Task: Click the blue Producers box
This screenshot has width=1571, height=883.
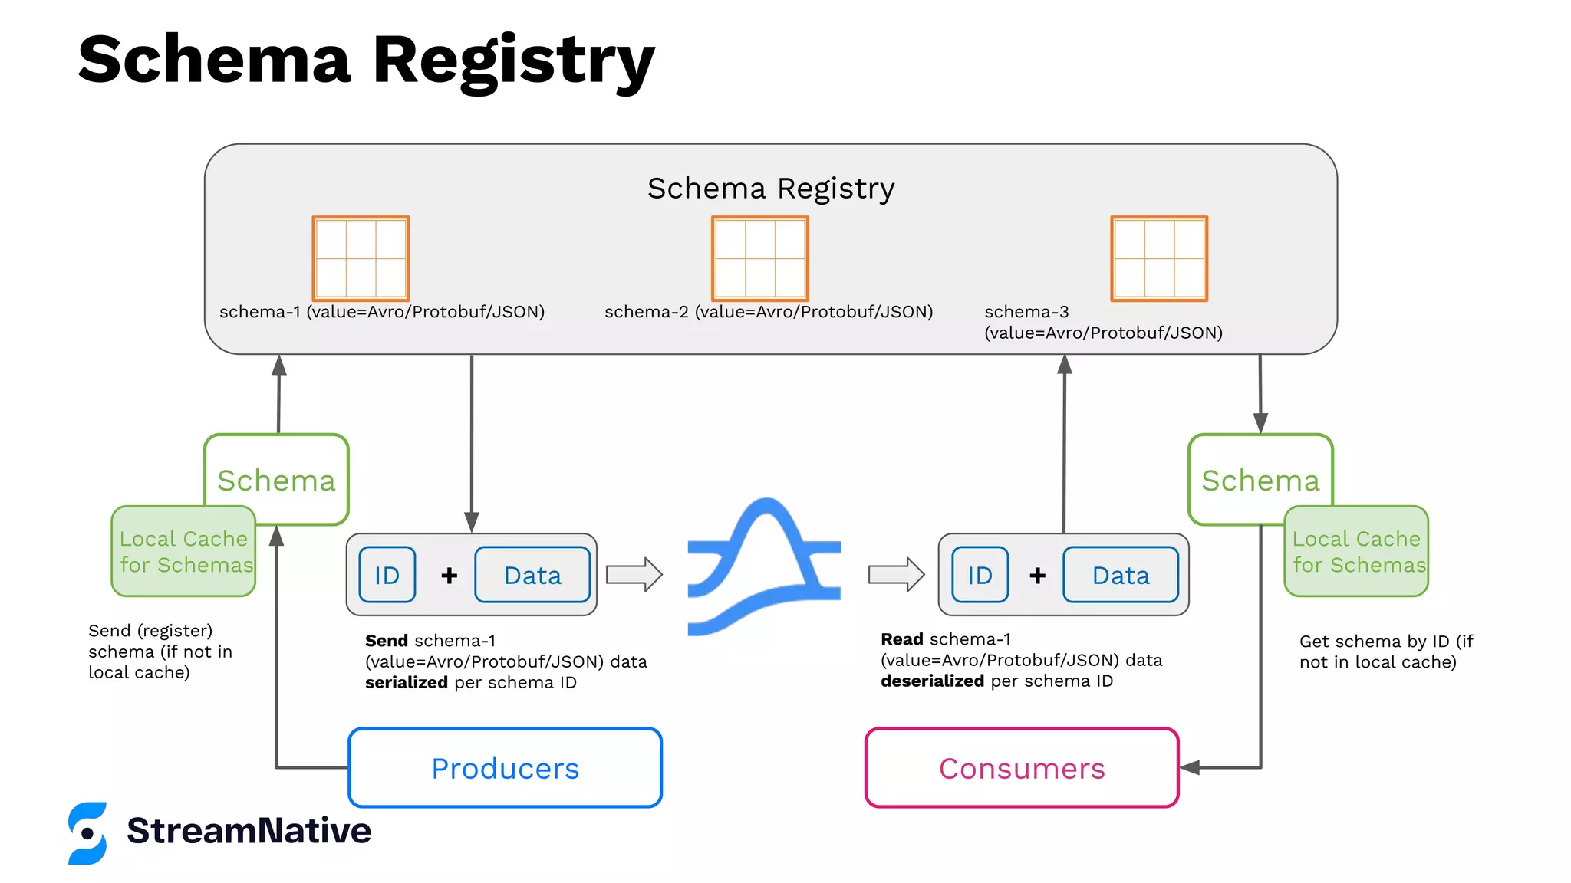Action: [x=505, y=767]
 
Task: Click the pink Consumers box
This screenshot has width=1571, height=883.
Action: [x=1022, y=767]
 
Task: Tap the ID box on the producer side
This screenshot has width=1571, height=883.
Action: [x=387, y=575]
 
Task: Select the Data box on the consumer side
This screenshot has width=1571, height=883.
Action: [x=1121, y=575]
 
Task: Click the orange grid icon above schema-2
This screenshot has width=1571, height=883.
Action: [x=759, y=258]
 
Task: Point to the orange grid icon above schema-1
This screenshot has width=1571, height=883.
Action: [x=361, y=258]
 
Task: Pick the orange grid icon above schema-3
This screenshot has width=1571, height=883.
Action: [x=1159, y=258]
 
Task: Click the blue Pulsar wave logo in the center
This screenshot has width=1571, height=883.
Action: [x=764, y=567]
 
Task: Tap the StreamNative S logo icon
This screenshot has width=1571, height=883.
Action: [x=87, y=833]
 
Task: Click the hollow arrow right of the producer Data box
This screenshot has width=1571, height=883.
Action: [x=634, y=574]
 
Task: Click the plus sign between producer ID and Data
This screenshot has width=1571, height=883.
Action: [x=450, y=575]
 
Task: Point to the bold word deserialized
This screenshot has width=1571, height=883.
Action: [x=932, y=681]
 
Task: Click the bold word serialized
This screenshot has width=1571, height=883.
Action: [x=406, y=682]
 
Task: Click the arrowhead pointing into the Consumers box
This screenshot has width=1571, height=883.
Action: [x=1190, y=767]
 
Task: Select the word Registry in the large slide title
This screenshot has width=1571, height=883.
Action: [x=513, y=61]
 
